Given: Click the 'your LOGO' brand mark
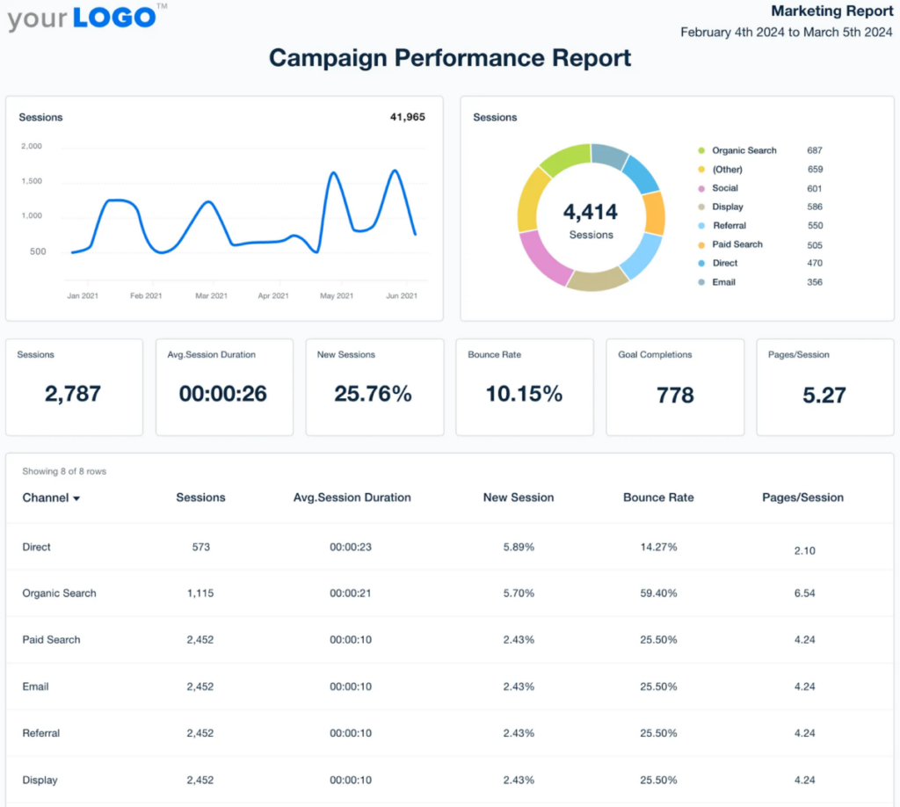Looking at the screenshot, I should point(83,17).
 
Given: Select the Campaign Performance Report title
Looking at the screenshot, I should point(449,58).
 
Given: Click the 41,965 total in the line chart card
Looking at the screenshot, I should point(407,117).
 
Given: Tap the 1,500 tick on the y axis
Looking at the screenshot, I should point(31,181).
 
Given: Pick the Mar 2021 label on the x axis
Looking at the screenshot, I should point(210,296).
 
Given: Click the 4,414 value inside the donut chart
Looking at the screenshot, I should point(591,212).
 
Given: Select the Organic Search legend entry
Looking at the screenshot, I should point(744,150).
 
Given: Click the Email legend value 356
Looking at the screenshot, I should point(815,282).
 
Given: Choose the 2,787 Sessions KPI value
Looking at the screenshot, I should point(73,395).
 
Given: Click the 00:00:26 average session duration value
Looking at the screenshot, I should point(223,395).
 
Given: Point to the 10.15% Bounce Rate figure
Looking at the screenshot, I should point(524,395).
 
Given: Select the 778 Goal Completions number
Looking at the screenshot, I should point(675,396).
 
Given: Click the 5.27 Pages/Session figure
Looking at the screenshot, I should point(824,396).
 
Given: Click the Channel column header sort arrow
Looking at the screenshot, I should point(76,498).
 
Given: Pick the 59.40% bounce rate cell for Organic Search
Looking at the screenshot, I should point(658,593).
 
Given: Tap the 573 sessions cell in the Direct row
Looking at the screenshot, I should point(200,547).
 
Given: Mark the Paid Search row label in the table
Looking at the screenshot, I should point(51,640).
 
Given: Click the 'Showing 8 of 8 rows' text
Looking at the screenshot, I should point(64,472).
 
